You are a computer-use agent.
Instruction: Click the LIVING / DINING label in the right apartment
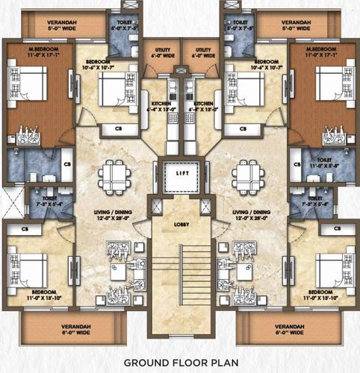pyautogui.click(x=251, y=214)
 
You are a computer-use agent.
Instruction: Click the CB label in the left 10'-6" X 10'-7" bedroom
pyautogui.click(x=118, y=129)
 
